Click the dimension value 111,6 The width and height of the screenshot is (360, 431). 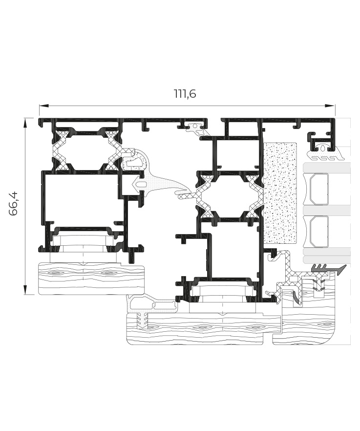[x=185, y=94]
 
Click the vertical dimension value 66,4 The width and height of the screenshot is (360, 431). [x=14, y=203]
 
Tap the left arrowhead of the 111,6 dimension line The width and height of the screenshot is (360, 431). [x=43, y=106]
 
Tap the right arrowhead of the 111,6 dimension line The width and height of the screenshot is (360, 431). [x=330, y=106]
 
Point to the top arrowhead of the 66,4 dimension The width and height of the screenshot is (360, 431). [x=25, y=123]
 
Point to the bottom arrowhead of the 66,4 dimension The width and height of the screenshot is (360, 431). [x=25, y=290]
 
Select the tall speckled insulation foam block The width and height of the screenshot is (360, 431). [x=280, y=193]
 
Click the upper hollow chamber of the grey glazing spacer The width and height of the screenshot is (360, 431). [x=319, y=189]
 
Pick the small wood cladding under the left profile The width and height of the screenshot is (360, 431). [x=91, y=278]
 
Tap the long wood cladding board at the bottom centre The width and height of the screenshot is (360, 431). [x=203, y=328]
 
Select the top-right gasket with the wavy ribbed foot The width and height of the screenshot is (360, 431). [x=326, y=153]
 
